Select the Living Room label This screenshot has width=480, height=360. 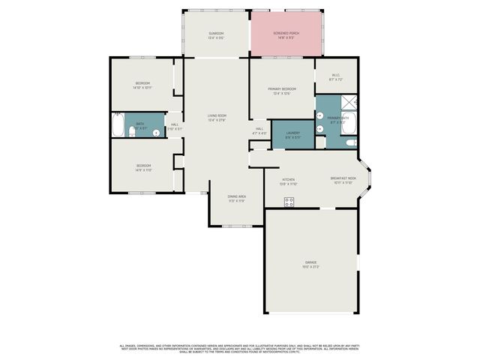click(217, 118)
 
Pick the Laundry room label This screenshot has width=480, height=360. click(292, 135)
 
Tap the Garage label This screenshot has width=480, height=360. click(310, 265)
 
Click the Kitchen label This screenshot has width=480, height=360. click(288, 181)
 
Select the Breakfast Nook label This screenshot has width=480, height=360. click(343, 180)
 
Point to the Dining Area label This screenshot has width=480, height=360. click(236, 198)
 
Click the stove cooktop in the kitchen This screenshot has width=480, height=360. click(289, 201)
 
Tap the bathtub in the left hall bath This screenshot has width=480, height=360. click(119, 125)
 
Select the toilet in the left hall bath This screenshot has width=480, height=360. click(132, 132)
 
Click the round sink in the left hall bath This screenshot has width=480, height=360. click(156, 133)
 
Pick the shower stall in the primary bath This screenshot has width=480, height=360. click(348, 103)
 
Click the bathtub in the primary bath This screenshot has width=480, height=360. click(350, 125)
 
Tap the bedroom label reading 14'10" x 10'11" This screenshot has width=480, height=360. click(142, 85)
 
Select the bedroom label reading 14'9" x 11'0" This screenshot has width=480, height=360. click(143, 167)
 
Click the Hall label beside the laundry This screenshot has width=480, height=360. click(259, 130)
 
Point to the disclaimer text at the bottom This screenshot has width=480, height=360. click(240, 349)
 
